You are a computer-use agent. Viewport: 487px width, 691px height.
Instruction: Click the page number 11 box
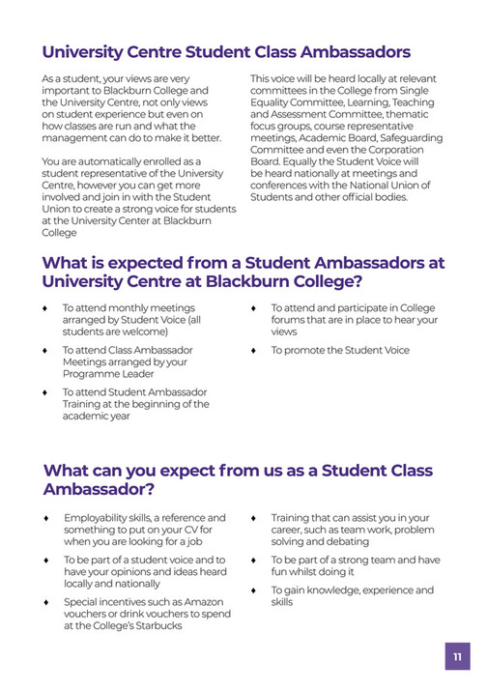click(x=457, y=657)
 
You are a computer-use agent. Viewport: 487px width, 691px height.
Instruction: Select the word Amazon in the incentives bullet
click(x=198, y=601)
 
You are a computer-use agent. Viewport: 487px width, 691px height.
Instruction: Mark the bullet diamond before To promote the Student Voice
click(x=253, y=350)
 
